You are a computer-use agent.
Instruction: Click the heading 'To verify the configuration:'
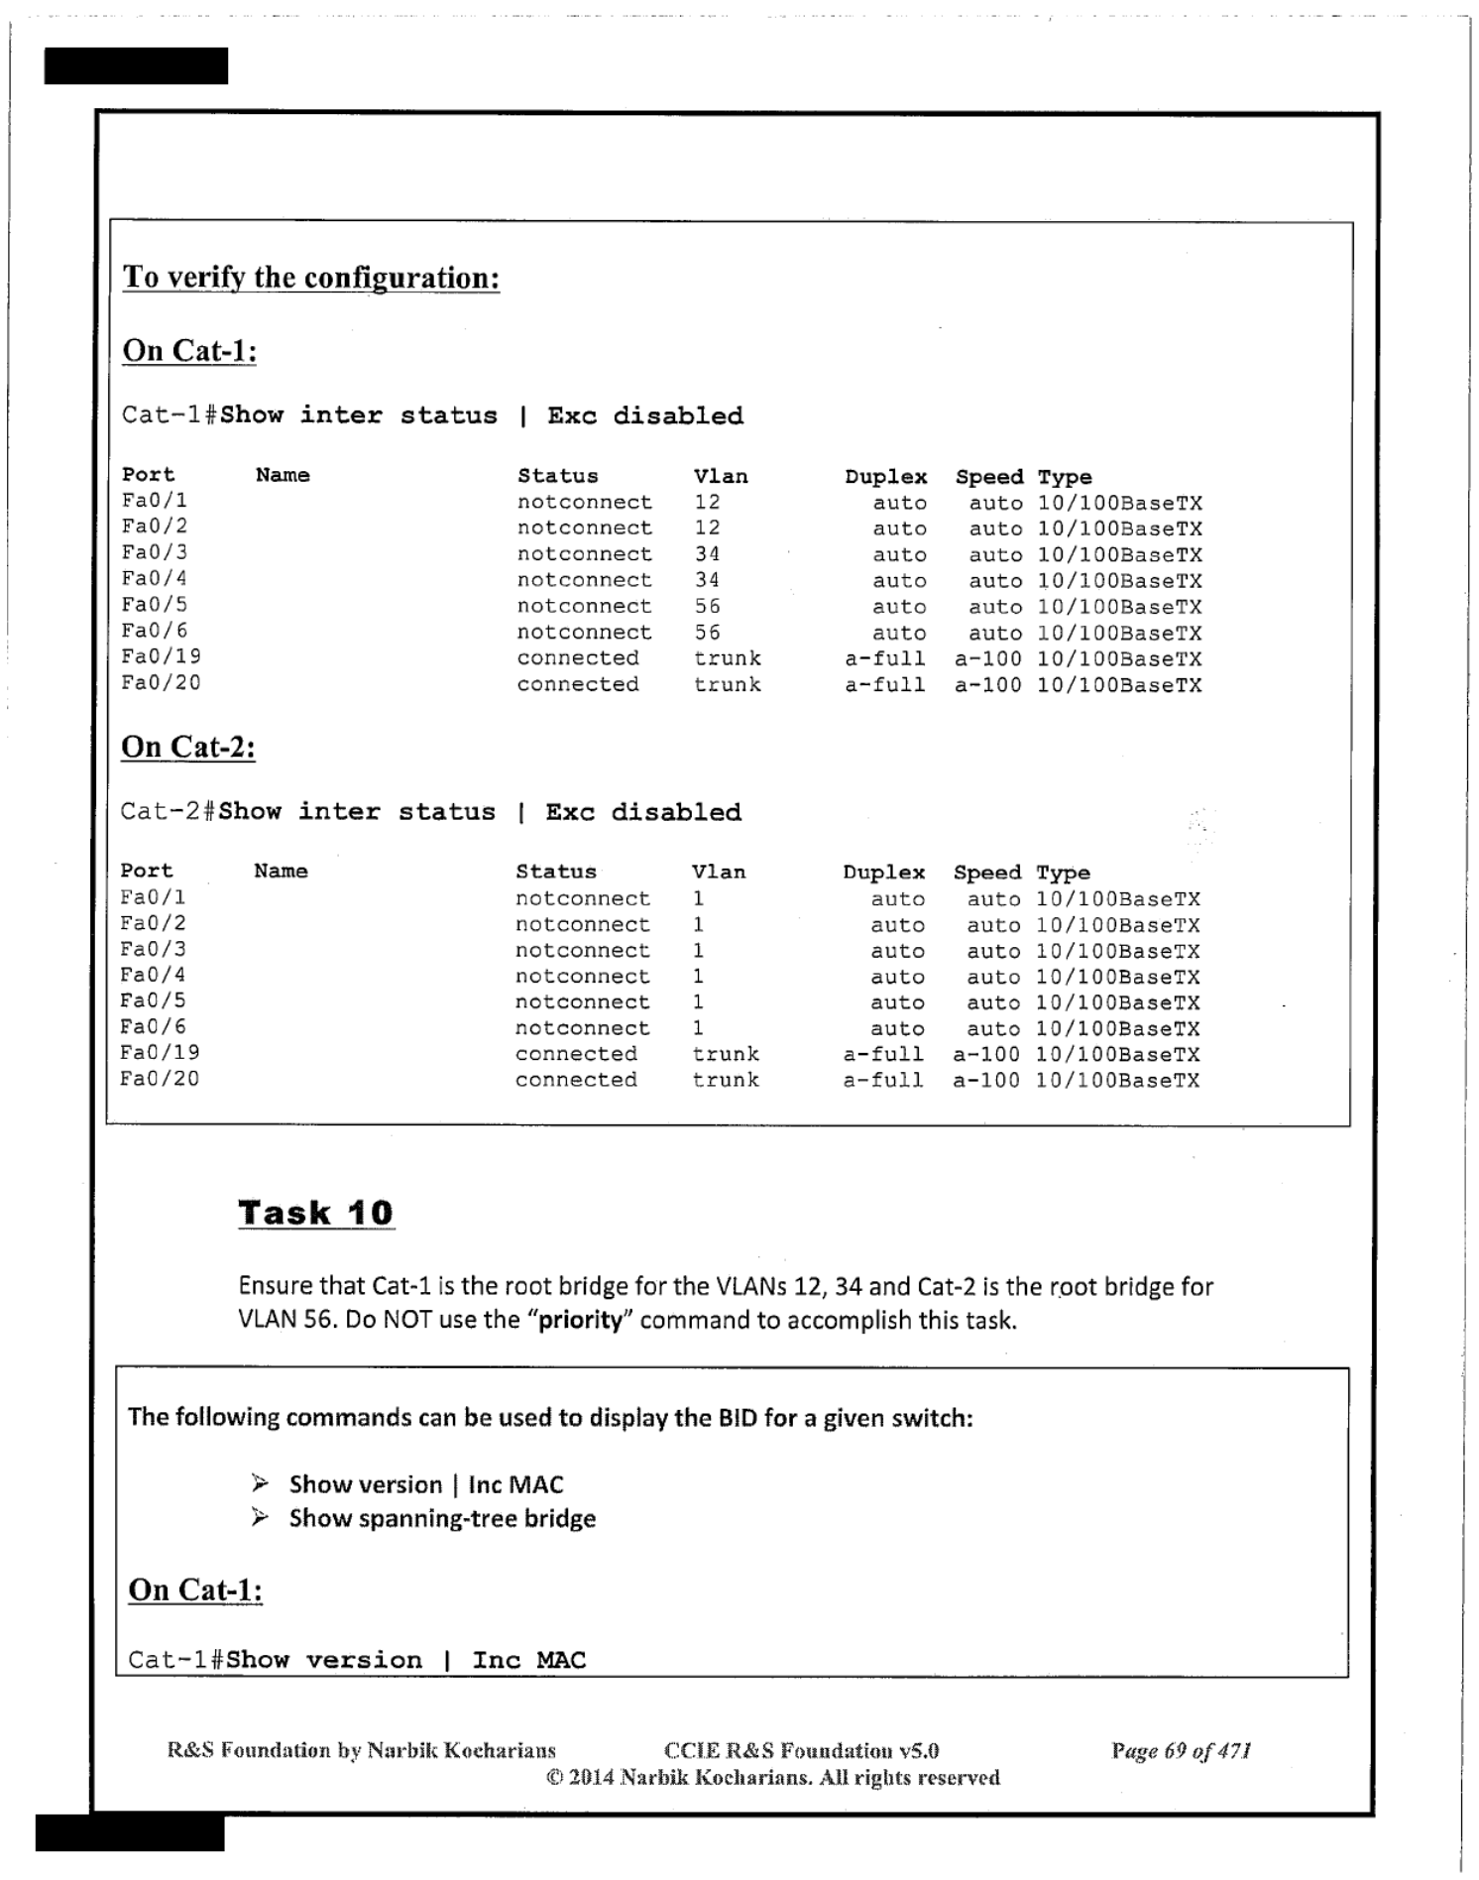[x=310, y=277]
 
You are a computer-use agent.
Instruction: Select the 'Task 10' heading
[x=315, y=1212]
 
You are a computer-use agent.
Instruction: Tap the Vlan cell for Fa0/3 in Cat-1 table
[x=707, y=554]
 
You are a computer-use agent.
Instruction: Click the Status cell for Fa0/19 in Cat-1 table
[x=578, y=658]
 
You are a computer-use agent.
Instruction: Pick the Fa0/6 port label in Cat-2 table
[x=153, y=1027]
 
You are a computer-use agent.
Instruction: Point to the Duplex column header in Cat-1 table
[x=885, y=477]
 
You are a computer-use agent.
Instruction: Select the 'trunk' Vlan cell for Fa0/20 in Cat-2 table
[x=726, y=1080]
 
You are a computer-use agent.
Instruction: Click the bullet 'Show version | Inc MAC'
[x=426, y=1484]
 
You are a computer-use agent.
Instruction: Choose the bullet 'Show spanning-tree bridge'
[x=442, y=1518]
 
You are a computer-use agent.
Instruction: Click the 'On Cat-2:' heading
[x=188, y=747]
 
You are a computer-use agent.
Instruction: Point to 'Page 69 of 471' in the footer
[x=1181, y=1750]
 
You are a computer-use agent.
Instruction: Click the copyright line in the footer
[x=772, y=1777]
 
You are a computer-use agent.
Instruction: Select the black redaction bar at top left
[x=136, y=65]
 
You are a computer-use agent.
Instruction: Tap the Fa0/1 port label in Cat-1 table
[x=155, y=502]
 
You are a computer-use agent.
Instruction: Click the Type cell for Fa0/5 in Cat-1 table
[x=1119, y=607]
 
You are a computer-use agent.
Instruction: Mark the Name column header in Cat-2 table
[x=281, y=872]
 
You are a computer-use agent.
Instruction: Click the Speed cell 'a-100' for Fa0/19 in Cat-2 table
[x=986, y=1054]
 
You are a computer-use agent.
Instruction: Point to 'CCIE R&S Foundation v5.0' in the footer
[x=801, y=1750]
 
